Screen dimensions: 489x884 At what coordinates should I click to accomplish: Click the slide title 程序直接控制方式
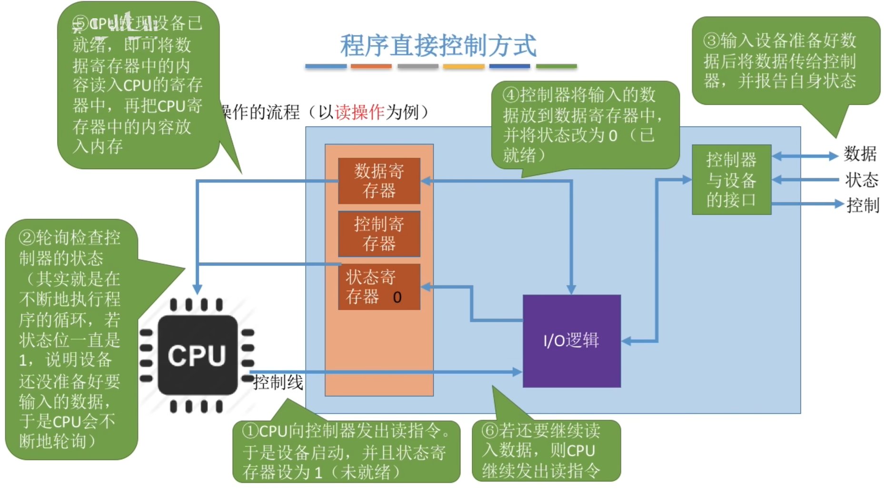point(438,45)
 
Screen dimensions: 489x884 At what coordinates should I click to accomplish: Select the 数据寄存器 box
point(379,181)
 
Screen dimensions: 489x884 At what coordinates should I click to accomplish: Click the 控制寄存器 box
point(379,234)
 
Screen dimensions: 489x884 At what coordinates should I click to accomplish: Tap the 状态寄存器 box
point(371,286)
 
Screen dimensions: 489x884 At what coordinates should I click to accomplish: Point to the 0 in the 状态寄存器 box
point(397,297)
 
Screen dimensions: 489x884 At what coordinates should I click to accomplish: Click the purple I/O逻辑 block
point(571,341)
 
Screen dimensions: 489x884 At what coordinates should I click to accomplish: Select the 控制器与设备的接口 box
point(731,180)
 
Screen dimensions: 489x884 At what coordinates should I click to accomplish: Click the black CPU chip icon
point(197,355)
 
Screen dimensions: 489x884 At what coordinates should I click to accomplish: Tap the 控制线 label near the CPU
point(278,382)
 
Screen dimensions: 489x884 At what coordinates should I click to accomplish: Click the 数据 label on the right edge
point(860,154)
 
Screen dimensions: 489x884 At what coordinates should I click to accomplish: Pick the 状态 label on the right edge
point(862,180)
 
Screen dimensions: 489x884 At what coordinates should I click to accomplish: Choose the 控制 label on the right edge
point(863,205)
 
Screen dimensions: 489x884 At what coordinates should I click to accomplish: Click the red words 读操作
point(359,112)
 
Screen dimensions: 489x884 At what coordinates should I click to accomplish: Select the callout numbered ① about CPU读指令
point(346,451)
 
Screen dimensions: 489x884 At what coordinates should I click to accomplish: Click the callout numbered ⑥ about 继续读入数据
point(546,450)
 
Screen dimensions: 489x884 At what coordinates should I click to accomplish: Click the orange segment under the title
point(371,67)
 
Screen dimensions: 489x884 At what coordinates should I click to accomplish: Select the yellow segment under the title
point(463,67)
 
